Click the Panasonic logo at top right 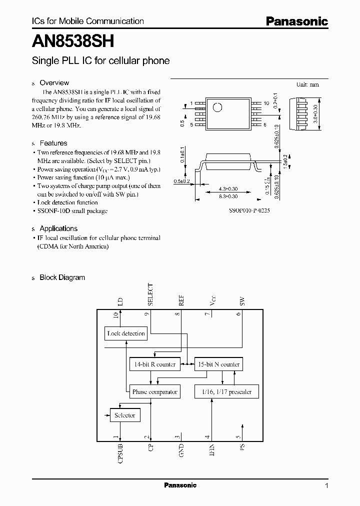(x=296, y=21)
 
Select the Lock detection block (x=125, y=333)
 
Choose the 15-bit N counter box (x=218, y=364)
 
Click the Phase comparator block (x=154, y=392)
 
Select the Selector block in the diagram (x=124, y=415)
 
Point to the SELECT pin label (x=150, y=294)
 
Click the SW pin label (x=242, y=301)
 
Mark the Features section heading (x=53, y=143)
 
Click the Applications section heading (x=58, y=228)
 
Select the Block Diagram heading (x=62, y=277)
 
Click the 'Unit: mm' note (x=307, y=85)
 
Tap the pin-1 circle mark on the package (x=217, y=107)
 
